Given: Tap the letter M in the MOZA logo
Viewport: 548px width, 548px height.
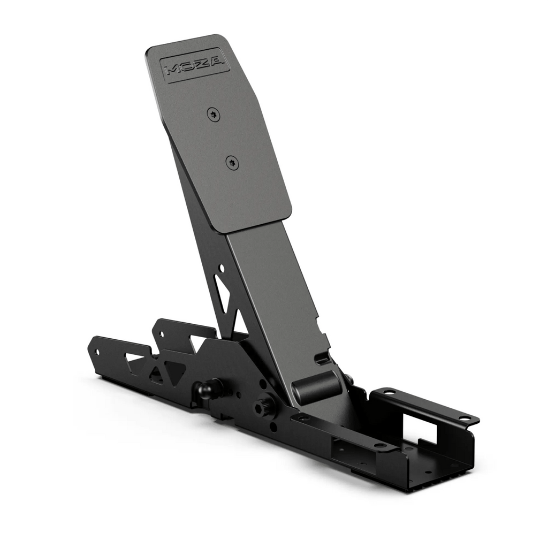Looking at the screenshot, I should [x=173, y=70].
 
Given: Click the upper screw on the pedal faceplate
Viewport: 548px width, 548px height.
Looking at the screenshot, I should [x=213, y=113].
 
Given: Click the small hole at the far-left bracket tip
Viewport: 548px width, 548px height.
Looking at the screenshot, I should [x=97, y=352].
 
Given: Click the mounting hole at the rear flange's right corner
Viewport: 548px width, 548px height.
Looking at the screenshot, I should [x=464, y=417].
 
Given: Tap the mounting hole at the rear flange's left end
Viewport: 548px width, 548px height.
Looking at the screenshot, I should [x=390, y=392].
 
